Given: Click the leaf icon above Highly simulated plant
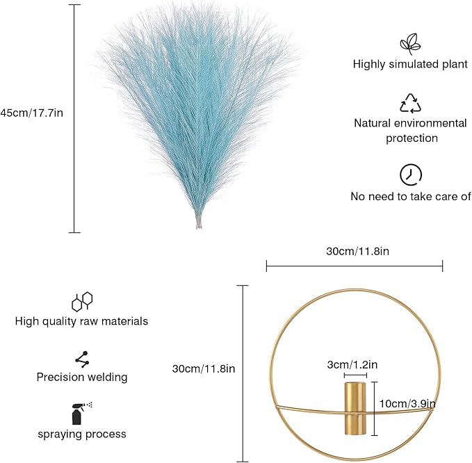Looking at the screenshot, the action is point(410,44).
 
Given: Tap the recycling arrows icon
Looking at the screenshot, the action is point(410,104).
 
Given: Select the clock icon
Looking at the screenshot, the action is point(411,175).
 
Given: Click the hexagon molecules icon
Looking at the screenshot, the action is point(82,301).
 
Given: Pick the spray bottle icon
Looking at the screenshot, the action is point(81,413).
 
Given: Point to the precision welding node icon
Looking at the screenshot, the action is point(82,359).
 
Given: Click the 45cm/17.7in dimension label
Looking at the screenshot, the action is point(31,113).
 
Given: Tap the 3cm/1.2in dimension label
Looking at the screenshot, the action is point(352,364).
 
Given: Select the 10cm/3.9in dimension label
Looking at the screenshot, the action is point(407,404).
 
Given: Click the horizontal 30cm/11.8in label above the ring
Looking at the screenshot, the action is point(357,251).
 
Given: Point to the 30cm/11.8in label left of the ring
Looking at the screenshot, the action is point(204,368).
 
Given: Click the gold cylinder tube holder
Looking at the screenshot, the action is point(355,409).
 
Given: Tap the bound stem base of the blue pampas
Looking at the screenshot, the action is point(199,221).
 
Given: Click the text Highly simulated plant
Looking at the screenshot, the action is point(410,64).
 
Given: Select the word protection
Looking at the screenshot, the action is point(412,138).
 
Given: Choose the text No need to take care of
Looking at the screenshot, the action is point(411,196).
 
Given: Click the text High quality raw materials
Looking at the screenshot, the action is point(81,321).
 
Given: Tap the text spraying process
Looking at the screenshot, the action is point(82,434).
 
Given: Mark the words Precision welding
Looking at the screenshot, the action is point(82,377).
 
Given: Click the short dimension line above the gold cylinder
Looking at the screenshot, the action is point(355,375).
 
